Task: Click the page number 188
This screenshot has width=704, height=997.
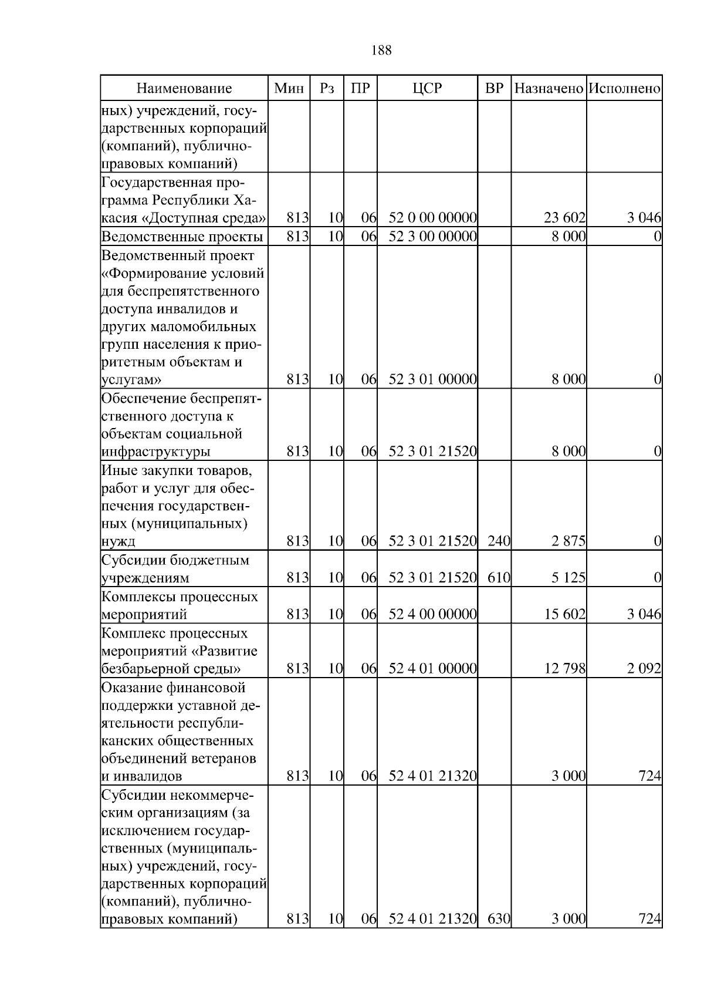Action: (x=381, y=50)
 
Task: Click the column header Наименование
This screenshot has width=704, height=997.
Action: (x=184, y=89)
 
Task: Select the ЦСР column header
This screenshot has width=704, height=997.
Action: (x=427, y=89)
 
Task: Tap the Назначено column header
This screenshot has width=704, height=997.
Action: (x=549, y=89)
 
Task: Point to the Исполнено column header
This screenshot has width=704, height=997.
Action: (x=624, y=89)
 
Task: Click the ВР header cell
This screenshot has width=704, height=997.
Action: (x=495, y=89)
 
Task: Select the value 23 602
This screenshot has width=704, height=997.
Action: (x=564, y=218)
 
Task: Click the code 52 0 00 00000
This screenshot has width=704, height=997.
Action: (x=432, y=218)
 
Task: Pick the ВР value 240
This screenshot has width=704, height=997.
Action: (x=499, y=541)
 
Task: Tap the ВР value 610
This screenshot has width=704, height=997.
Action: (x=499, y=578)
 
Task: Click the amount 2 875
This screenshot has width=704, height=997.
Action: (x=568, y=541)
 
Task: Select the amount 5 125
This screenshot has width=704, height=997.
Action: (x=568, y=578)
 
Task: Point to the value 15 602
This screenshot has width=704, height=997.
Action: (x=564, y=615)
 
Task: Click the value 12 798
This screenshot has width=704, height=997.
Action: (x=564, y=669)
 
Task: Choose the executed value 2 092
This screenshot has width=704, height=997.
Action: (x=644, y=669)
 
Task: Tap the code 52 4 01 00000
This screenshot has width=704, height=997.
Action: (x=432, y=669)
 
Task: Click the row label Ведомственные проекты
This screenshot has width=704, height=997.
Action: (x=182, y=237)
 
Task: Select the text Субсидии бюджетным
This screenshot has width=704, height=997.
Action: (x=175, y=560)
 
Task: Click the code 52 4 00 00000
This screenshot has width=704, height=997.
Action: (x=432, y=615)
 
